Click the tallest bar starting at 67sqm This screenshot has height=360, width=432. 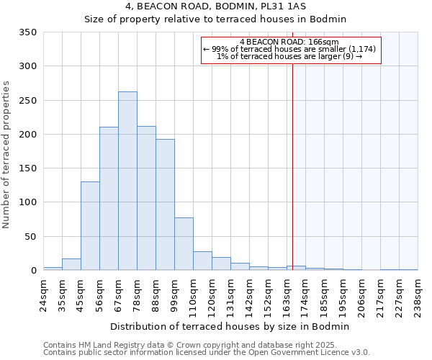coord(127,181)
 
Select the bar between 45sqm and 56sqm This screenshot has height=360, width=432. coord(90,225)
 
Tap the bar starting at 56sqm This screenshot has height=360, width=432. coord(109,198)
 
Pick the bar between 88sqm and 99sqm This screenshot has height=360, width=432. coord(165,204)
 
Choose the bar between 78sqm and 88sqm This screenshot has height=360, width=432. coord(146,198)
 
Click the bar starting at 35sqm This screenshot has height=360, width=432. coord(71,264)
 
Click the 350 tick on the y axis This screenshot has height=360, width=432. coord(28,32)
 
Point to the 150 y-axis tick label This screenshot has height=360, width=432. coord(28,168)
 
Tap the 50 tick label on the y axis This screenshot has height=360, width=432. coord(31,237)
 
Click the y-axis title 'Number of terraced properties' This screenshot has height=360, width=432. coord(6,155)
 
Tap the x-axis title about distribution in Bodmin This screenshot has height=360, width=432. coord(230,326)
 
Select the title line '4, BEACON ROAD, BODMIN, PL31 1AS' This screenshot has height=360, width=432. coord(215,6)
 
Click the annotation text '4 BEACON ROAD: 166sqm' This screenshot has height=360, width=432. coord(289,42)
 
